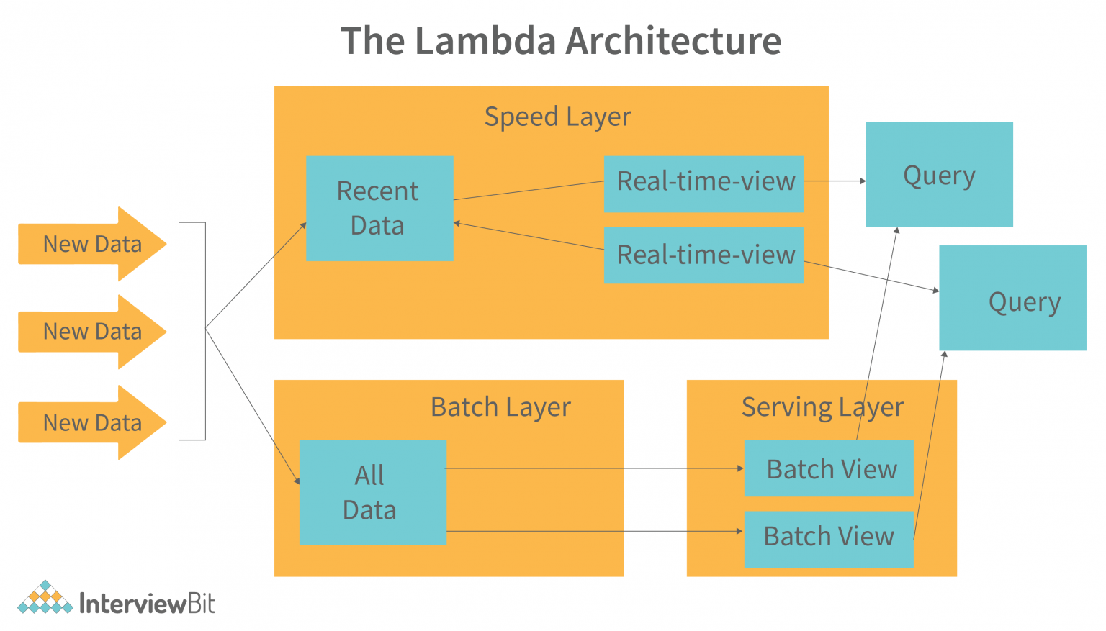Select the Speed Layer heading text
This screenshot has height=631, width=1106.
tap(557, 117)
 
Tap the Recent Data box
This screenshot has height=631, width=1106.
tap(379, 209)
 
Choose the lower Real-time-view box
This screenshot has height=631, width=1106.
tap(703, 255)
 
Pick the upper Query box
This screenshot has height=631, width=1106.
tap(939, 175)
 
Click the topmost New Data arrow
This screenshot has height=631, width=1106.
tap(92, 244)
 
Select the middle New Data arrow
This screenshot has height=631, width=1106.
tap(92, 332)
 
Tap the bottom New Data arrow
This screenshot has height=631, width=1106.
tap(92, 423)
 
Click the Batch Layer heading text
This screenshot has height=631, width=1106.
tap(500, 407)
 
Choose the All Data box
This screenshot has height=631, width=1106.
tap(372, 492)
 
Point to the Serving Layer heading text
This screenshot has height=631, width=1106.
tap(822, 407)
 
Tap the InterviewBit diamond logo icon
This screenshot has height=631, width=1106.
tap(45, 597)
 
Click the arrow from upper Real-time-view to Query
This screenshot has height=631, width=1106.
tap(834, 181)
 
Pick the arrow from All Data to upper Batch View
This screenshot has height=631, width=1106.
tap(594, 468)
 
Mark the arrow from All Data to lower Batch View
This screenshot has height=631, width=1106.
tap(594, 531)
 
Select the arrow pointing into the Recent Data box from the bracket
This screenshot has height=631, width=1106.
tap(256, 276)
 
